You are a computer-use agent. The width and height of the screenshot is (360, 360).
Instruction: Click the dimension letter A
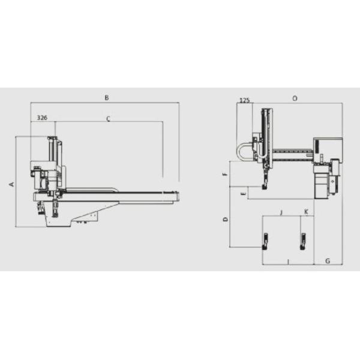[12, 184]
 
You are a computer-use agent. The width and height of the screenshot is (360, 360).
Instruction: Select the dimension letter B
[107, 98]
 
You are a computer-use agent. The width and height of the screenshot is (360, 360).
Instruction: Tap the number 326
[42, 118]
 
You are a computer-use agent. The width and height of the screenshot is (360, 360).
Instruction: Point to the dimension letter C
[109, 119]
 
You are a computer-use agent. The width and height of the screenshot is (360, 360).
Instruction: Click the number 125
[245, 100]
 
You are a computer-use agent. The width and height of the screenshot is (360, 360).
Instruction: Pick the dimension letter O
[295, 98]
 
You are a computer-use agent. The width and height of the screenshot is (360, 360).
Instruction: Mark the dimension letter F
[225, 174]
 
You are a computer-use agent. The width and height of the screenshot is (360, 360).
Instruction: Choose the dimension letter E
[244, 194]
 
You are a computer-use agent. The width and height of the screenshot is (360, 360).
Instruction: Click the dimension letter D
[226, 219]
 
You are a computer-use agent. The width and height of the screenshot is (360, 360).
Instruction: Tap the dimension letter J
[282, 212]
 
